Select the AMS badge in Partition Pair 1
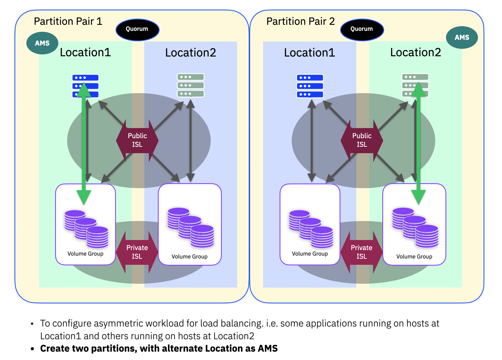pyautogui.click(x=42, y=43)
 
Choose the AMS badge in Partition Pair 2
pyautogui.click(x=462, y=37)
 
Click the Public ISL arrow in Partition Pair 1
pyautogui.click(x=137, y=140)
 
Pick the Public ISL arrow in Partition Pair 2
pyautogui.click(x=362, y=140)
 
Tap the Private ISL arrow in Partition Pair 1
pyautogui.click(x=137, y=252)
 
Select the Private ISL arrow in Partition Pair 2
pyautogui.click(x=361, y=252)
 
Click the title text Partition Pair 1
pyautogui.click(x=68, y=21)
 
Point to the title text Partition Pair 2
pyautogui.click(x=300, y=21)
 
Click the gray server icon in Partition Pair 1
pyautogui.click(x=190, y=85)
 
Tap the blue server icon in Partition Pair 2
pyautogui.click(x=310, y=86)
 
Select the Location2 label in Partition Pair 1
pyautogui.click(x=190, y=52)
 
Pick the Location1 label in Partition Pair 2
pyautogui.click(x=309, y=52)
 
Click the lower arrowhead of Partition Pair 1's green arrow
pyautogui.click(x=84, y=197)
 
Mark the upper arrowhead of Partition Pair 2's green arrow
pyautogui.click(x=418, y=90)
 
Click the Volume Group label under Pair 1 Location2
pyautogui.click(x=190, y=256)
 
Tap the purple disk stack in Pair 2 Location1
pyautogui.click(x=311, y=229)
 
